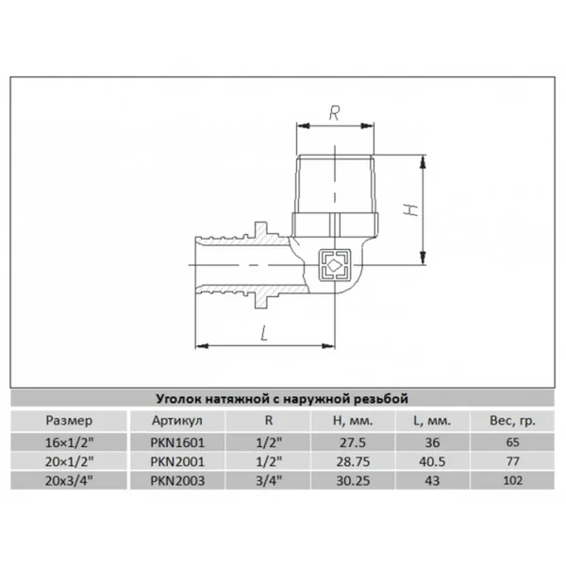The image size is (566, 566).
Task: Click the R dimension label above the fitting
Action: pos(335,113)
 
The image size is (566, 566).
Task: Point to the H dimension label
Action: pos(410,209)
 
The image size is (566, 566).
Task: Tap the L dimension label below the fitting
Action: pos(264,333)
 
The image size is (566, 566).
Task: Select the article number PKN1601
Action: pos(177,442)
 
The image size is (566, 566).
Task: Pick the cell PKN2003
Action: pos(177,481)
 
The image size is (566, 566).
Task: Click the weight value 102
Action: pos(512,480)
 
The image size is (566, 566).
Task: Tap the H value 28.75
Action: pos(353,461)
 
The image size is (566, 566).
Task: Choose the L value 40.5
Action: pos(432,461)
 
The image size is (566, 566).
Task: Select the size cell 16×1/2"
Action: pos(69,442)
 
